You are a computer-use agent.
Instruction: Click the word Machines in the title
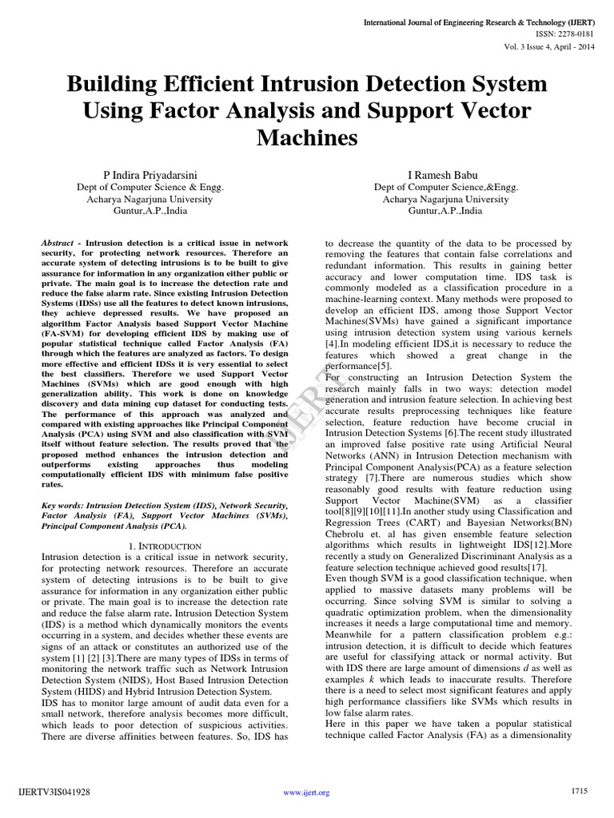pyautogui.click(x=307, y=138)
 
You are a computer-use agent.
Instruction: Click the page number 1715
pyautogui.click(x=580, y=791)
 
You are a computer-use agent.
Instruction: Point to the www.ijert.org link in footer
pyautogui.click(x=307, y=792)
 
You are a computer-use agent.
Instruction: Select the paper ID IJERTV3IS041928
pyautogui.click(x=50, y=792)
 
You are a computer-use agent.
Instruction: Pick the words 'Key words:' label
pyautogui.click(x=61, y=506)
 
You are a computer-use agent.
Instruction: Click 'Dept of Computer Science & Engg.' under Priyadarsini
pyautogui.click(x=149, y=188)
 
